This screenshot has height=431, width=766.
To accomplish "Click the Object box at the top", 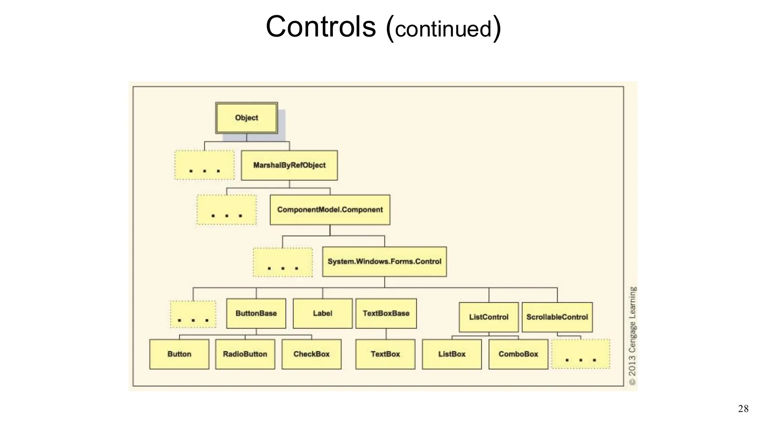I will (x=246, y=118).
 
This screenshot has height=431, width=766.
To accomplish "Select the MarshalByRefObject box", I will (x=289, y=165).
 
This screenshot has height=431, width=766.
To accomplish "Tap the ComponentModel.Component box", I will (x=330, y=210).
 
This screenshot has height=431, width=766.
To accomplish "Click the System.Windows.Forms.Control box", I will (x=384, y=262).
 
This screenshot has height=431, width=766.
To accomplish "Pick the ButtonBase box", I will (x=256, y=314).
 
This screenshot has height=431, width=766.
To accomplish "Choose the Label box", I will (x=322, y=314).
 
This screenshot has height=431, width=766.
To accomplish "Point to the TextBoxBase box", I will (x=386, y=314).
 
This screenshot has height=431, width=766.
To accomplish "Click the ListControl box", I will (x=488, y=317).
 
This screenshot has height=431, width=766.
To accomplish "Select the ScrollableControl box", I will (x=557, y=317).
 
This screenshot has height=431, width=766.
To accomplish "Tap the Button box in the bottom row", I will (x=179, y=354).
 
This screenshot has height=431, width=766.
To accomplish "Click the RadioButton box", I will (x=245, y=354).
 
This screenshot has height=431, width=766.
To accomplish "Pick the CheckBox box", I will (x=311, y=354).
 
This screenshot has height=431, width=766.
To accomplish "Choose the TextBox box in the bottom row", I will (x=385, y=354).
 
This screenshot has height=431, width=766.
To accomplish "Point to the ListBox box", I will (x=452, y=354).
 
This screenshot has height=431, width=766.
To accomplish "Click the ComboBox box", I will (x=518, y=354).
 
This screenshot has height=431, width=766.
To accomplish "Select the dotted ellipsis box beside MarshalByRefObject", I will (x=204, y=165).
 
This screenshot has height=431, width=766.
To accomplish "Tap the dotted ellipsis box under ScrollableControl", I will (x=580, y=354).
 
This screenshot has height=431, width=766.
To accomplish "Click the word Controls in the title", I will (x=321, y=27).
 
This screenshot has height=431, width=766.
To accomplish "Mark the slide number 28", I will (x=743, y=409).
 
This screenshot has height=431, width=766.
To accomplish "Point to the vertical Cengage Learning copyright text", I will (x=632, y=336).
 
